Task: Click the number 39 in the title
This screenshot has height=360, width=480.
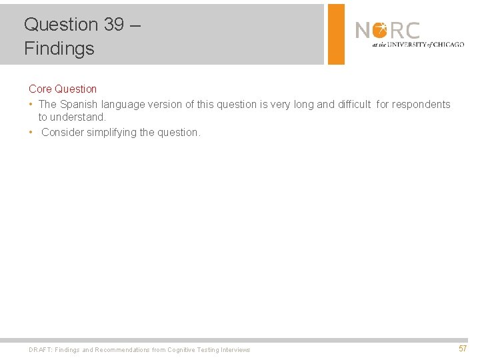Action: (113, 25)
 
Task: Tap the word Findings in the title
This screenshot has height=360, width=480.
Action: (59, 49)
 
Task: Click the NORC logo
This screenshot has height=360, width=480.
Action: (388, 31)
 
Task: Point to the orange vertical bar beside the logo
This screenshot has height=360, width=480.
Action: (336, 34)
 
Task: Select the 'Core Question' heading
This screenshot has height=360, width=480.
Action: (63, 89)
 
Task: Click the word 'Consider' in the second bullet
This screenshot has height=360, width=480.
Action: (63, 132)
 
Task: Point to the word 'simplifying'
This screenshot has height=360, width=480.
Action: (111, 132)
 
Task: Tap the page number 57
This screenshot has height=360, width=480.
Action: (463, 349)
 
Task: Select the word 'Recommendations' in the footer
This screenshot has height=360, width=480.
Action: (129, 350)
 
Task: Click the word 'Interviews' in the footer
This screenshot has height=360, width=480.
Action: (235, 350)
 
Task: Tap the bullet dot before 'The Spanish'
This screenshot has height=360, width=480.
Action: (31, 104)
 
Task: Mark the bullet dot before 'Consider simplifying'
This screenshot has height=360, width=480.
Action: (31, 132)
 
